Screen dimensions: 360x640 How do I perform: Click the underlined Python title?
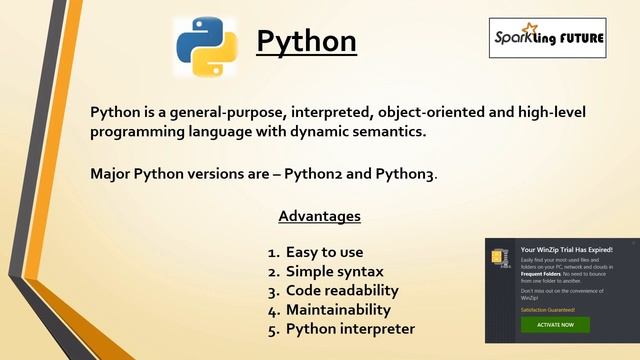pyautogui.click(x=306, y=41)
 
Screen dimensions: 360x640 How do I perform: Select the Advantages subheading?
pyautogui.click(x=319, y=216)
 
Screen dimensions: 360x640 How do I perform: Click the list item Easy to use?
pyautogui.click(x=324, y=252)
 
